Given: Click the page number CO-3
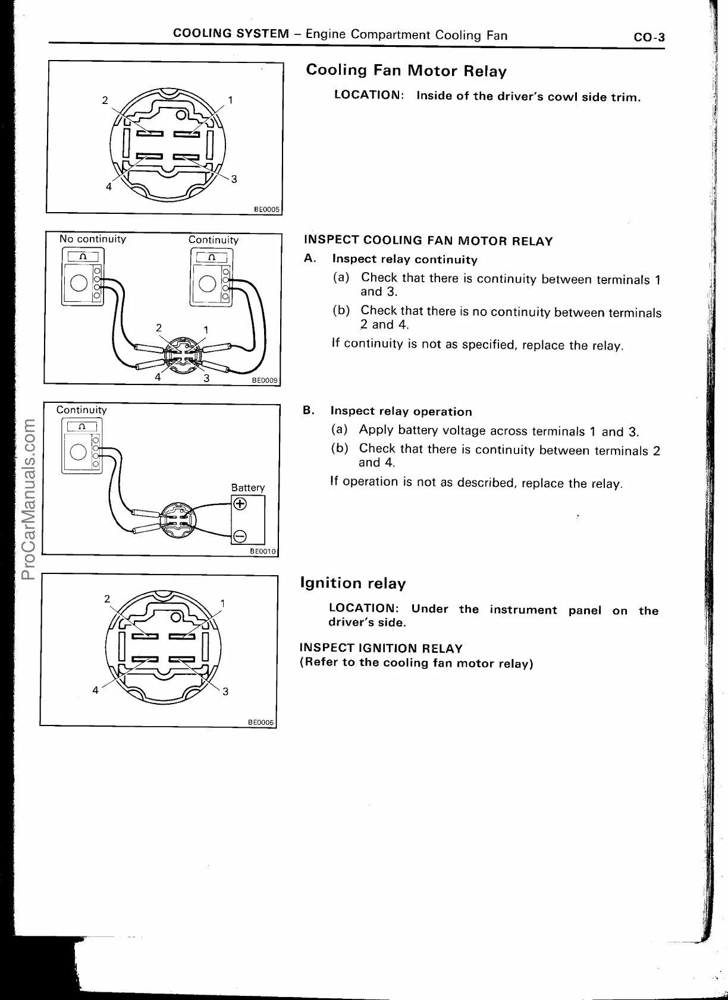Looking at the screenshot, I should point(649,37).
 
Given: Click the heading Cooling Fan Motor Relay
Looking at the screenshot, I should point(406,71).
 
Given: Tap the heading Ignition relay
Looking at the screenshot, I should point(353,583).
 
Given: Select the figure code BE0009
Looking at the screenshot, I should point(265,381).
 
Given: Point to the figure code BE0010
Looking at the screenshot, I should point(263,551).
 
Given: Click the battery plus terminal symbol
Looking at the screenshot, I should point(240,504).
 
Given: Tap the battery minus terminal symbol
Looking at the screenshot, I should point(240,537).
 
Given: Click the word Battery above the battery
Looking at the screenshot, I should point(247,487).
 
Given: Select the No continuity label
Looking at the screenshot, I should point(93,239).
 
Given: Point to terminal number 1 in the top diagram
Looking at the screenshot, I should point(231,100).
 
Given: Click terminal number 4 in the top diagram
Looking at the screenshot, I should point(108,187).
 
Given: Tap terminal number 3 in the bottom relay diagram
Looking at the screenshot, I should point(225,691).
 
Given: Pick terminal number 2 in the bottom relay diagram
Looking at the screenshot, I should point(107,598).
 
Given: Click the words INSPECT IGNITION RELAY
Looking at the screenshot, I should point(381,648).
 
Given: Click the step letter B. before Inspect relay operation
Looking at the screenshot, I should point(309,411).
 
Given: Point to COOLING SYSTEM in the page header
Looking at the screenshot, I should point(231,34).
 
